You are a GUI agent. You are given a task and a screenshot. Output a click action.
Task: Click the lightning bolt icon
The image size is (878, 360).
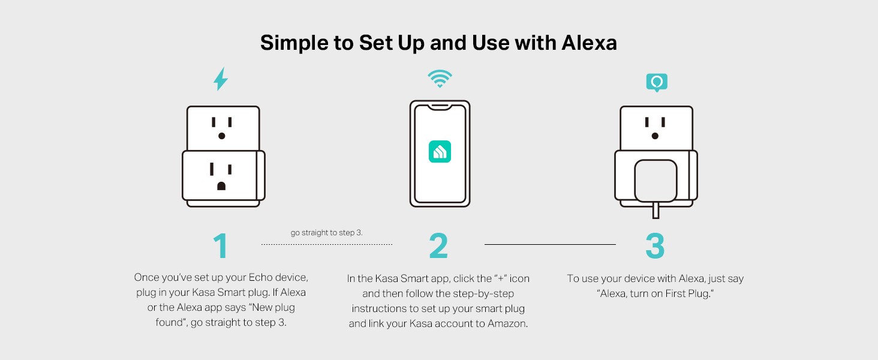(x=221, y=79)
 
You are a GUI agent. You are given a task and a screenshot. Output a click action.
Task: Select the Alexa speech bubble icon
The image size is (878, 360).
(x=657, y=82)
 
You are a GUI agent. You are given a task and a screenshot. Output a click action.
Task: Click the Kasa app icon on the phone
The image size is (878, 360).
(x=440, y=151)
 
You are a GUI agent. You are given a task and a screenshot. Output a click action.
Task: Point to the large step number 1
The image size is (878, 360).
(x=221, y=245)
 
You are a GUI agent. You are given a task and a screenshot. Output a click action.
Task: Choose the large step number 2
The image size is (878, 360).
(x=438, y=245)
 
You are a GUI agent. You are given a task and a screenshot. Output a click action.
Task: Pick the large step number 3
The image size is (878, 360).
(x=655, y=245)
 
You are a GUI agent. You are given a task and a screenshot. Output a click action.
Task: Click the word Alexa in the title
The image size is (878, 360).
(x=589, y=43)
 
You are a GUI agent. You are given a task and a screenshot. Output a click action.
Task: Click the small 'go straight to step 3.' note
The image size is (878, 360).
(x=326, y=233)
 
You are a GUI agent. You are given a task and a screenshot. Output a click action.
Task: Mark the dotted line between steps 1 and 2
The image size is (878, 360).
(x=326, y=244)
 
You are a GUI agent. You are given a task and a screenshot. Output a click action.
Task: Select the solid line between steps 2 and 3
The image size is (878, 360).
(x=550, y=244)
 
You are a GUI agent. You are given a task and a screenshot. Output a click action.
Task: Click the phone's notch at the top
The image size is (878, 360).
(x=440, y=107)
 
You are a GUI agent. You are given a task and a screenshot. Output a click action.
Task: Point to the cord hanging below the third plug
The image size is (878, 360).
(x=656, y=210)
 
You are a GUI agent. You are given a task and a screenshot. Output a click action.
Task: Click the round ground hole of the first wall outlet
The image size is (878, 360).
(x=221, y=136)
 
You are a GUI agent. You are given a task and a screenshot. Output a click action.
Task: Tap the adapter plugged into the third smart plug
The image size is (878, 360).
(x=656, y=181)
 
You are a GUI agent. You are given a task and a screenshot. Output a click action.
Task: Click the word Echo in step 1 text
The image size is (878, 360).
(x=261, y=277)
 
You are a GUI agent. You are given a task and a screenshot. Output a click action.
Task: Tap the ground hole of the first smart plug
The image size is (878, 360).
(x=221, y=186)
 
